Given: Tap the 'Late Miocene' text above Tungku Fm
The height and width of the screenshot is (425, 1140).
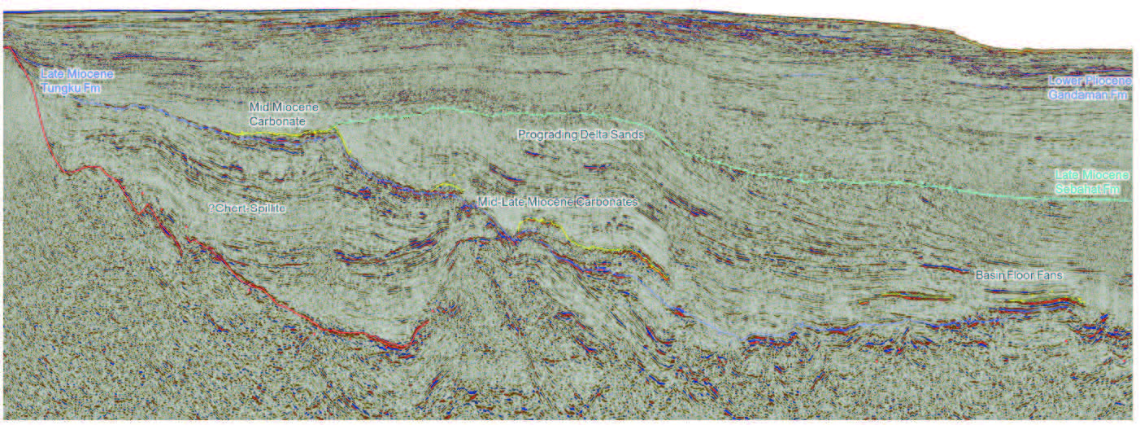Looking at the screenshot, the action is [77, 74].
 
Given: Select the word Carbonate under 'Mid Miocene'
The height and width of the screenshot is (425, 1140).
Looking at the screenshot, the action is [277, 121].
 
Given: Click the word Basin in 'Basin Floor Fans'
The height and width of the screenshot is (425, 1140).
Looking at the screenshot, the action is [990, 276].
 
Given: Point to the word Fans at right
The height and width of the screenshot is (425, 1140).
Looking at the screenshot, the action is [1049, 276].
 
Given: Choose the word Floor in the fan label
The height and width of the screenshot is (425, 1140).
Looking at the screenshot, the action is [1020, 276].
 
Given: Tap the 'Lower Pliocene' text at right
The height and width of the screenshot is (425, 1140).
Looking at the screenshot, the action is [1089, 81].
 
